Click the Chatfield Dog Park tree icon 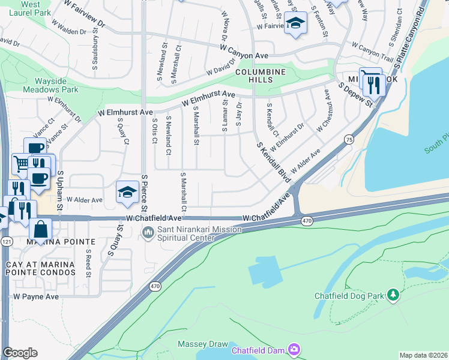click(x=393, y=294)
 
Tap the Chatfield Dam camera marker click(x=294, y=349)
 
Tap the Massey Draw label click(x=202, y=344)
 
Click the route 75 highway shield click(x=349, y=139)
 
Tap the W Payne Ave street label click(x=36, y=296)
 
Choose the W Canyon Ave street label click(x=244, y=50)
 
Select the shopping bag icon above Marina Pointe click(x=40, y=229)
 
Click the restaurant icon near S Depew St click(x=375, y=85)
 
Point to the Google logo click(x=20, y=353)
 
